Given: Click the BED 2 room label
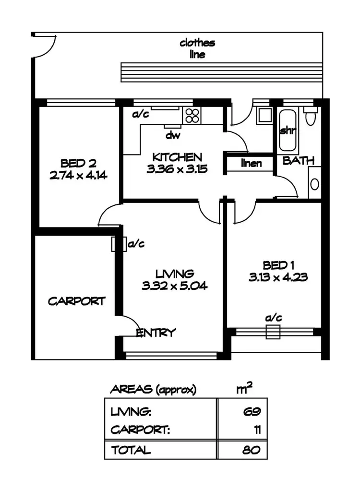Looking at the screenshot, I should click(x=78, y=162).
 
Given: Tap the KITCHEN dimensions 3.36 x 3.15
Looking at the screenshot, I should click(x=177, y=169).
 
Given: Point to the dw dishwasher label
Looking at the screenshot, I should click(x=173, y=135).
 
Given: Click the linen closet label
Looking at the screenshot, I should click(x=251, y=164).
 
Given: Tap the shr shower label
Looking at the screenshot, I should click(x=287, y=131).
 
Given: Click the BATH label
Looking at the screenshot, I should click(x=298, y=161).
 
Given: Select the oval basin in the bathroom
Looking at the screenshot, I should click(x=314, y=184).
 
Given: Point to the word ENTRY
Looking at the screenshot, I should click(x=156, y=333).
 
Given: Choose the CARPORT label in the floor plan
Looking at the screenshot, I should click(x=76, y=301).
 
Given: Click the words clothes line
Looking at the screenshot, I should click(x=197, y=48).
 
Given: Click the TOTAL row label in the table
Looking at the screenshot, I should click(x=131, y=450).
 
